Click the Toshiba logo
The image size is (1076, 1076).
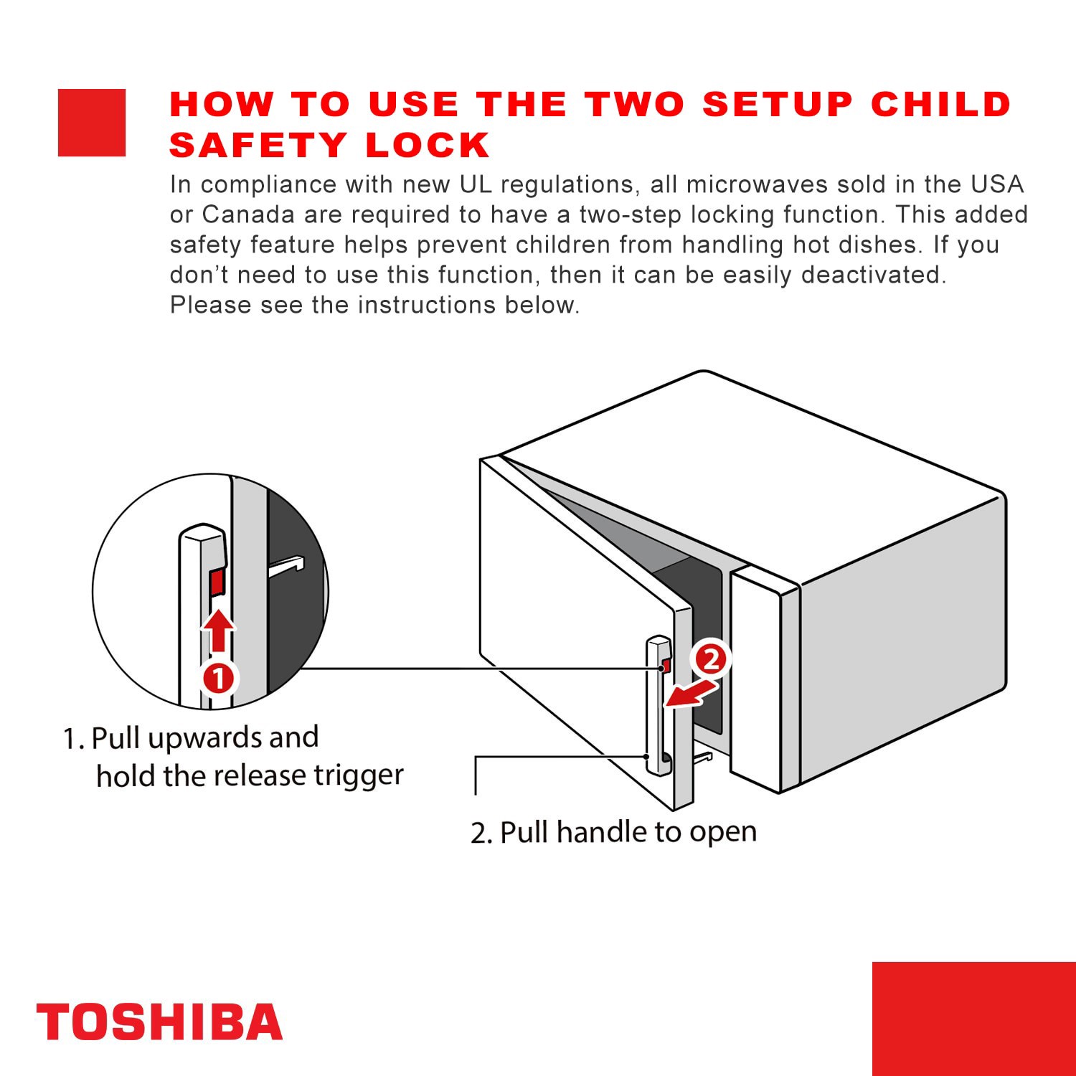coord(159,1021)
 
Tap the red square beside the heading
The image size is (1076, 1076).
coord(92,123)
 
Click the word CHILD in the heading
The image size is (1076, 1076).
coord(940,104)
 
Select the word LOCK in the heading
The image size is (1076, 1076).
coord(428,146)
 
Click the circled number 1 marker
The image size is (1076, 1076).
coord(218,678)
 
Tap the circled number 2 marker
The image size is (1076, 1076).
coord(710,659)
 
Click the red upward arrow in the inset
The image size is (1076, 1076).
coord(218,630)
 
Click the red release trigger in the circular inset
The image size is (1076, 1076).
coord(217,582)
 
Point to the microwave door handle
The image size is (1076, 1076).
coord(656,707)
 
